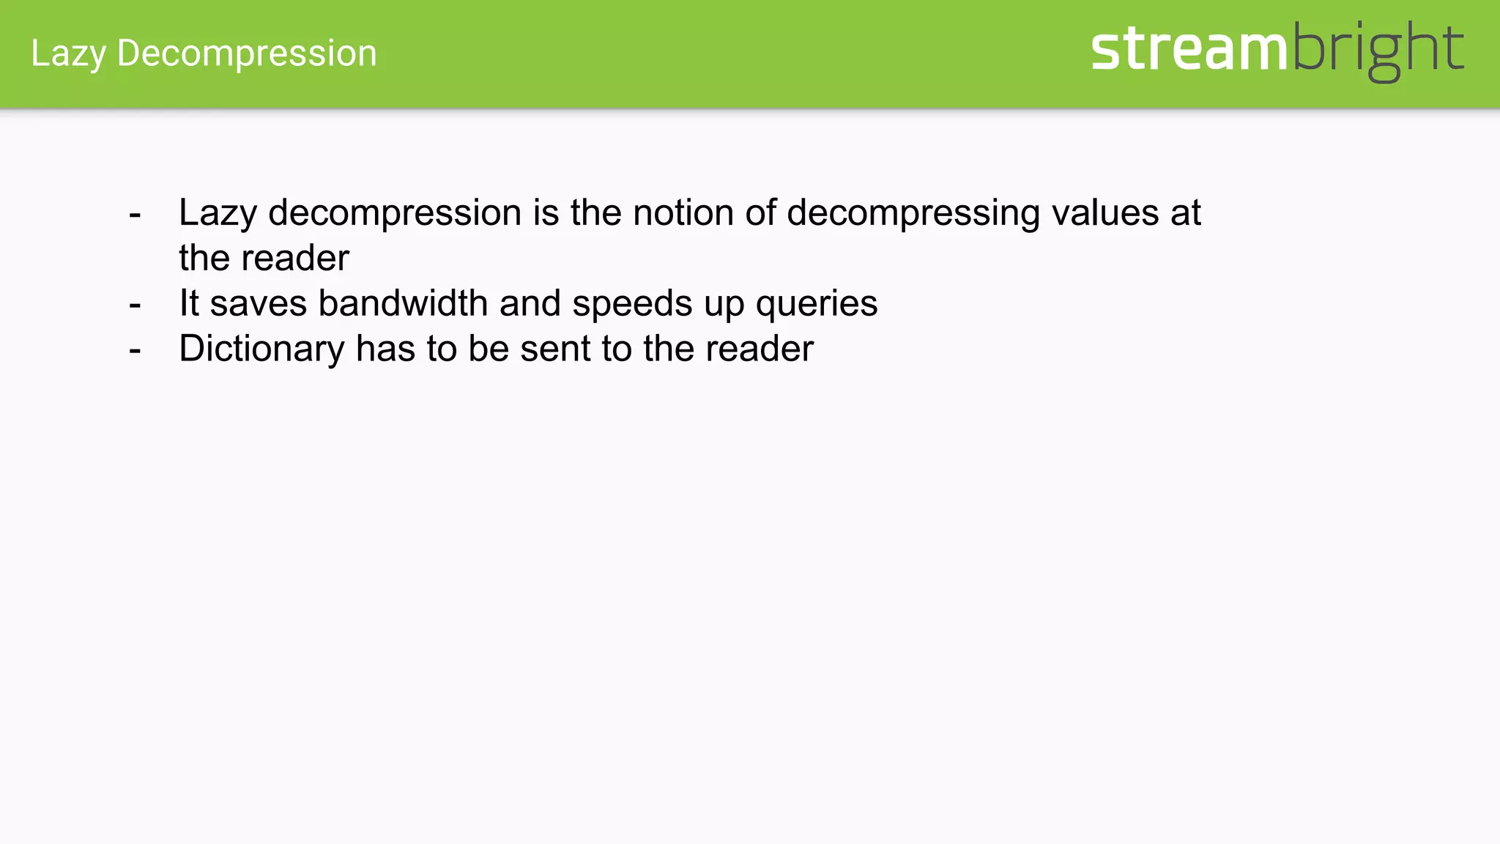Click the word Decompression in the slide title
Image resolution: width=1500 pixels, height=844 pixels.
pyautogui.click(x=247, y=53)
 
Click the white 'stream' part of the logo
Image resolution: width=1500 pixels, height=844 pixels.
pyautogui.click(x=1189, y=49)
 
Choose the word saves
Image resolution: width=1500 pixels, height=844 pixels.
pyautogui.click(x=258, y=303)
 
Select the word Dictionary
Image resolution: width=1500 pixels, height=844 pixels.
pyautogui.click(x=261, y=349)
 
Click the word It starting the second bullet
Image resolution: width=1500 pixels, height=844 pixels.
pyautogui.click(x=189, y=303)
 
